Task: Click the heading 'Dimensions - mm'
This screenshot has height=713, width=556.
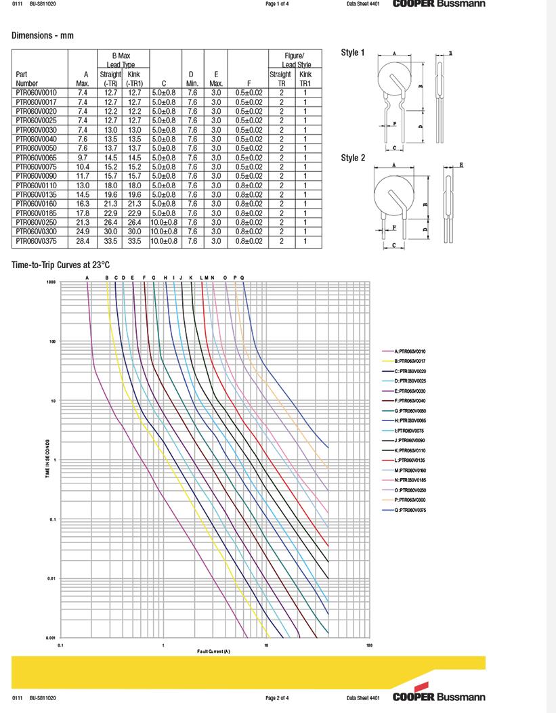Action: coord(43,35)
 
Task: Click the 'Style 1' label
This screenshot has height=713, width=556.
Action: coord(353,53)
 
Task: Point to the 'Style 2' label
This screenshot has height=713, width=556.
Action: coord(353,158)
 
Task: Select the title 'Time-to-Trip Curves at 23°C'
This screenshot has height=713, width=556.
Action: coord(61,265)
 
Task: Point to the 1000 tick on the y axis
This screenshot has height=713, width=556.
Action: coord(51,282)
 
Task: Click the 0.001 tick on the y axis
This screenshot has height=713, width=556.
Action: coord(50,638)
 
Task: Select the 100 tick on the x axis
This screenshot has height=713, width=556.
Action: coord(369,645)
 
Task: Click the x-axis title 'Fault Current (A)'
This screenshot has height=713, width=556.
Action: coord(214,651)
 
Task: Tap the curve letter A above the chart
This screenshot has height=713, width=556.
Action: coord(87,277)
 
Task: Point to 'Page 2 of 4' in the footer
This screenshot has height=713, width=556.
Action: coord(277,697)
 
